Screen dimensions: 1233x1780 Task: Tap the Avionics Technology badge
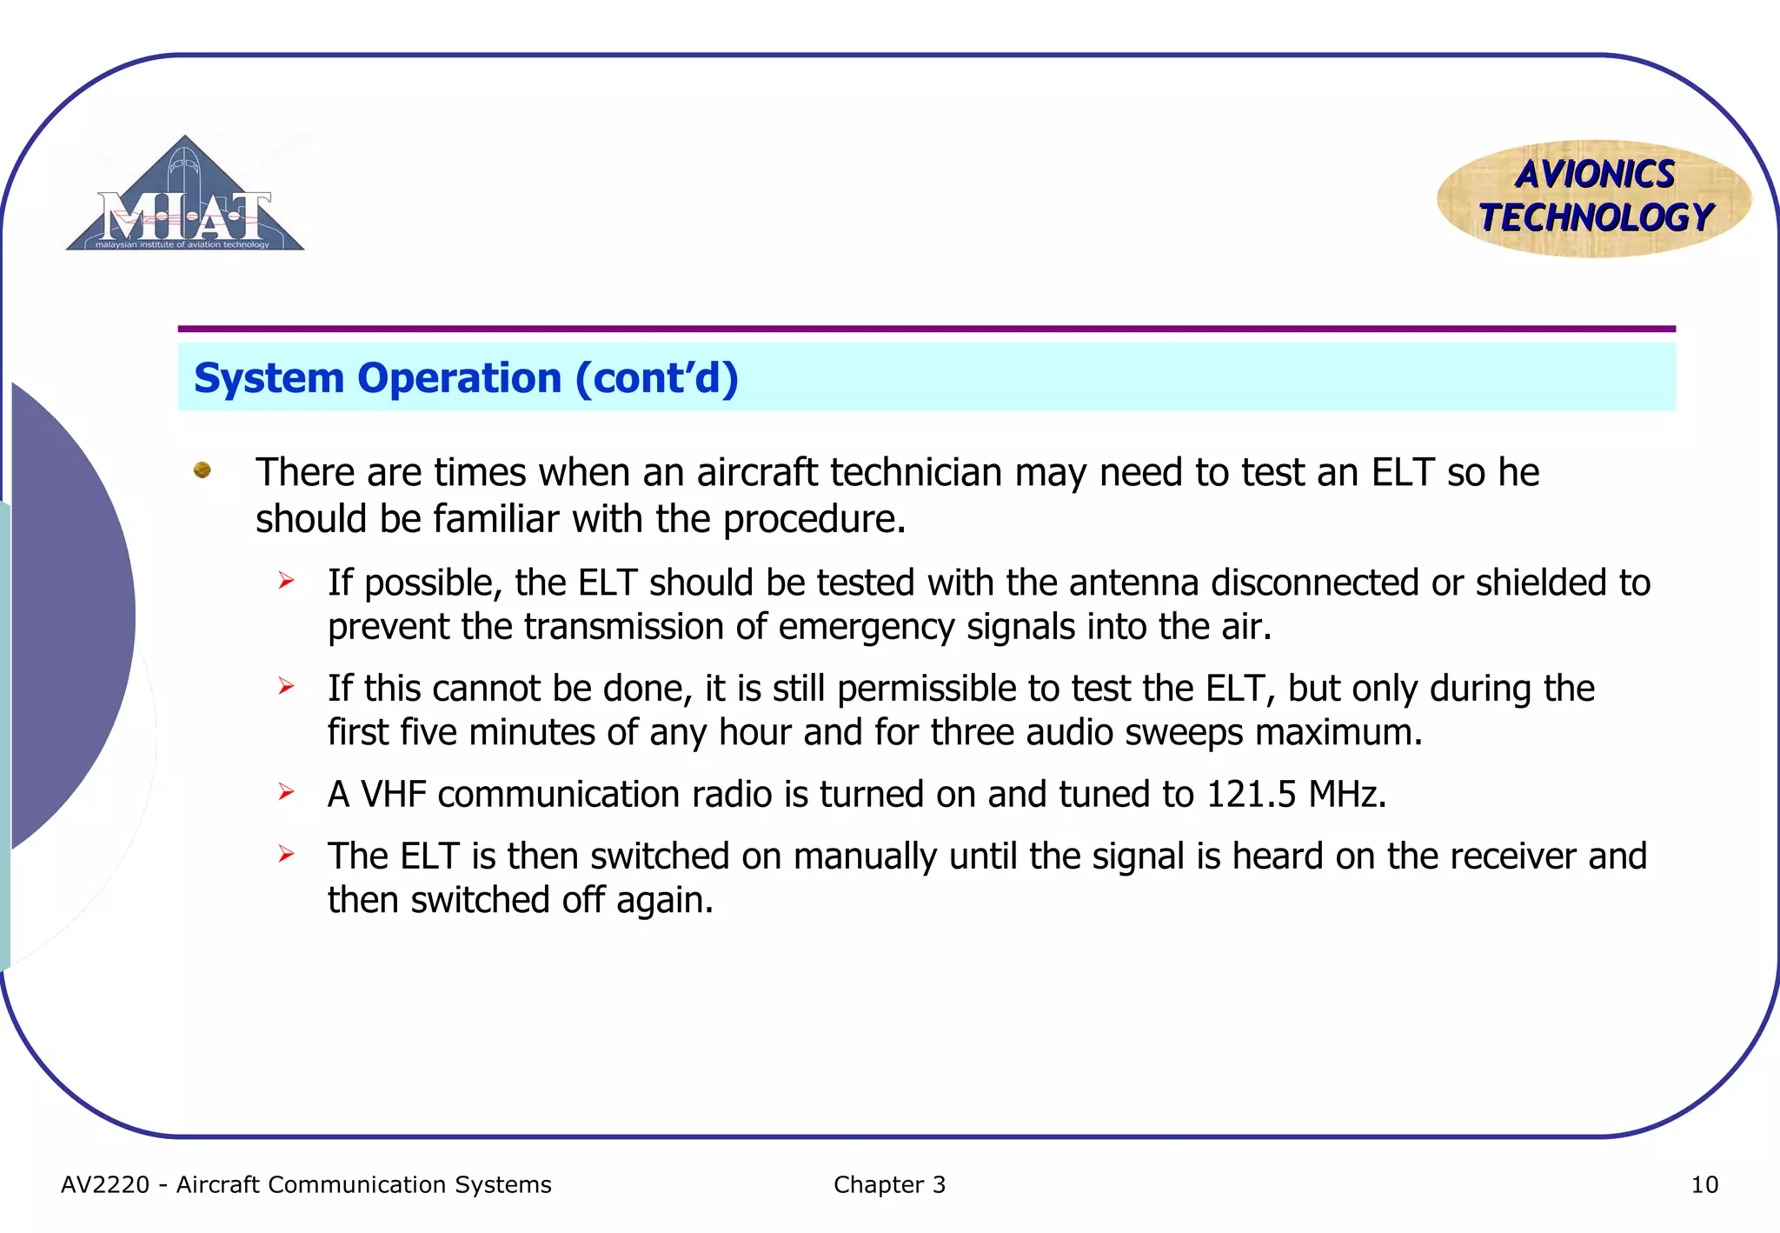(x=1594, y=198)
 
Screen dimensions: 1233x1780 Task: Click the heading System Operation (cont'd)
(x=466, y=378)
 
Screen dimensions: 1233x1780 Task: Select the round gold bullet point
(x=203, y=470)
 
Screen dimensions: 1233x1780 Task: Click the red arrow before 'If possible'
(x=287, y=581)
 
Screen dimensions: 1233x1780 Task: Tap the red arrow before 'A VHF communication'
(x=287, y=792)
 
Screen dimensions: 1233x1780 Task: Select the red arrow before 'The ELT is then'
(x=287, y=855)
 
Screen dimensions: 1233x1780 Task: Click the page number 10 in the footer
(x=1704, y=1185)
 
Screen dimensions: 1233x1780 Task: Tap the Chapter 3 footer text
(x=889, y=1185)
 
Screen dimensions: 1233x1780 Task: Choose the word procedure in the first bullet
(x=814, y=520)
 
